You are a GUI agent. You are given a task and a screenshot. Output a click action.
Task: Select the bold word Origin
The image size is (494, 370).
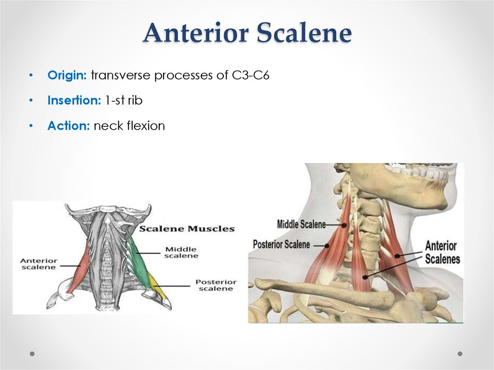coord(67,76)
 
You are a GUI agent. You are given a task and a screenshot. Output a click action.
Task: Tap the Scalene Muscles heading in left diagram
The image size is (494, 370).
coord(187,229)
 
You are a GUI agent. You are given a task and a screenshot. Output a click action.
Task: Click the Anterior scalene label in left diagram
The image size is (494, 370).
coord(38,264)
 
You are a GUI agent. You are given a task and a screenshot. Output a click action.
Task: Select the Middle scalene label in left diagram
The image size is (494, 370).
coord(181,252)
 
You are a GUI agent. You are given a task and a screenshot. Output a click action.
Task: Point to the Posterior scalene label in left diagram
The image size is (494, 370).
coord(216,285)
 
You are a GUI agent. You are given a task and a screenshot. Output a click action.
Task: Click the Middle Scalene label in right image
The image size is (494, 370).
coord(302,224)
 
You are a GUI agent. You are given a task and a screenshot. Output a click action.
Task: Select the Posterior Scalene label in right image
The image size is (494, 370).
coord(281,244)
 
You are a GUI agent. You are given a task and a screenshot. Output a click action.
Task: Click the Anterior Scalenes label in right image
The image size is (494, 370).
coord(442,252)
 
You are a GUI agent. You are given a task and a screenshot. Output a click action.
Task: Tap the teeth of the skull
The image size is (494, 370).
coord(420,171)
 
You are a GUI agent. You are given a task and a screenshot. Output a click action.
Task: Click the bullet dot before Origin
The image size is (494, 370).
coord(31,76)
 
